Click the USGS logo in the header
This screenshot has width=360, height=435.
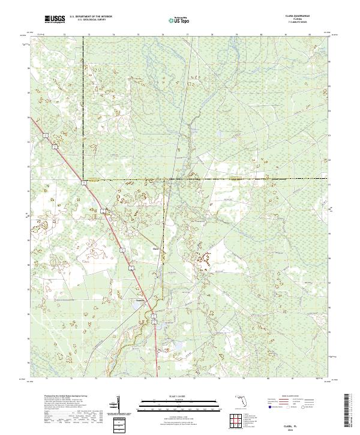tap(55, 19)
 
